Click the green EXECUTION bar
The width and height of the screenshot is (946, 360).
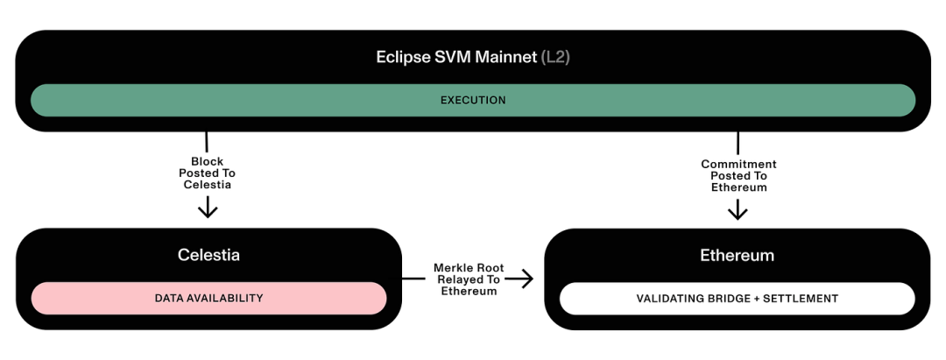(x=473, y=101)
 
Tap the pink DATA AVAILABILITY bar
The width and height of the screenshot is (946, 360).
(x=208, y=299)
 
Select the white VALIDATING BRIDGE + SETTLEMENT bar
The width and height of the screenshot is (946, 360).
(x=737, y=299)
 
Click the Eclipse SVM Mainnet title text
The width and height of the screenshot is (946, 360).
(x=455, y=58)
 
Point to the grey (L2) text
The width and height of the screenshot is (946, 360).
(x=555, y=58)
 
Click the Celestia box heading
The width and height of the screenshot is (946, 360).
(x=208, y=256)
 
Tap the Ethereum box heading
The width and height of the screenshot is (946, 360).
(x=737, y=256)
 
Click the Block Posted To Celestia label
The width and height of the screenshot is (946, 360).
(x=208, y=173)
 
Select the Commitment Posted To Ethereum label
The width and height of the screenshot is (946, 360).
(x=738, y=176)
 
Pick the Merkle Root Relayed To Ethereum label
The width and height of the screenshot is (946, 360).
(x=468, y=279)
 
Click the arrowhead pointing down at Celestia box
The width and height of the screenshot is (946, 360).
(x=208, y=208)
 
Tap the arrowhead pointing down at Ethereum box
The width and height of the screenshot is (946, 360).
(x=738, y=210)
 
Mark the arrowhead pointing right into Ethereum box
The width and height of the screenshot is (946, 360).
(x=525, y=279)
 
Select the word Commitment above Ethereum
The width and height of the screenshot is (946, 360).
(x=738, y=165)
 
